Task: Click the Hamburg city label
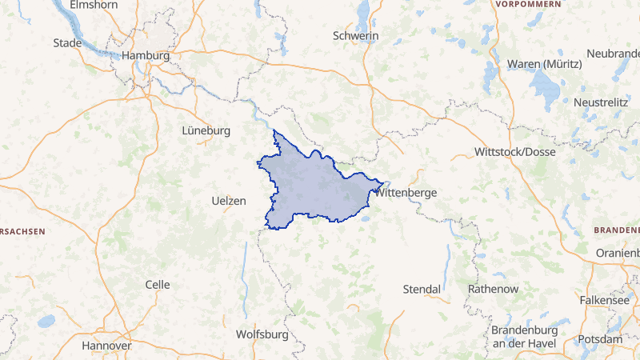pyautogui.click(x=146, y=56)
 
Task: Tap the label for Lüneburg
pyautogui.click(x=206, y=130)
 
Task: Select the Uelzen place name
pyautogui.click(x=229, y=201)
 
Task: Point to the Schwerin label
pyautogui.click(x=355, y=36)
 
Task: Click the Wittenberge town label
pyautogui.click(x=408, y=193)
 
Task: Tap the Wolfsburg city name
pyautogui.click(x=262, y=334)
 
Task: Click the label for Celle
pyautogui.click(x=158, y=285)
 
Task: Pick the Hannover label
pyautogui.click(x=106, y=346)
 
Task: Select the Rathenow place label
pyautogui.click(x=493, y=288)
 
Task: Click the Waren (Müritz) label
pyautogui.click(x=538, y=63)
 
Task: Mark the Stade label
pyautogui.click(x=66, y=42)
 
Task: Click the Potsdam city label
pyautogui.click(x=599, y=339)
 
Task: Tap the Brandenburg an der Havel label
pyautogui.click(x=528, y=337)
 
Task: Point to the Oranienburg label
pyautogui.click(x=618, y=253)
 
